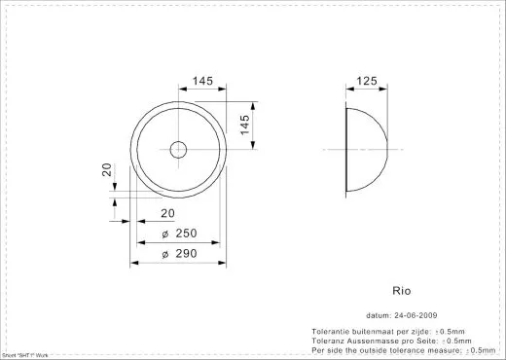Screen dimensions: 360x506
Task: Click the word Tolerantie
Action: (328, 333)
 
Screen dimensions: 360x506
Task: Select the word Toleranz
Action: (327, 342)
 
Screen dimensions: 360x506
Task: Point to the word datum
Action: (378, 315)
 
